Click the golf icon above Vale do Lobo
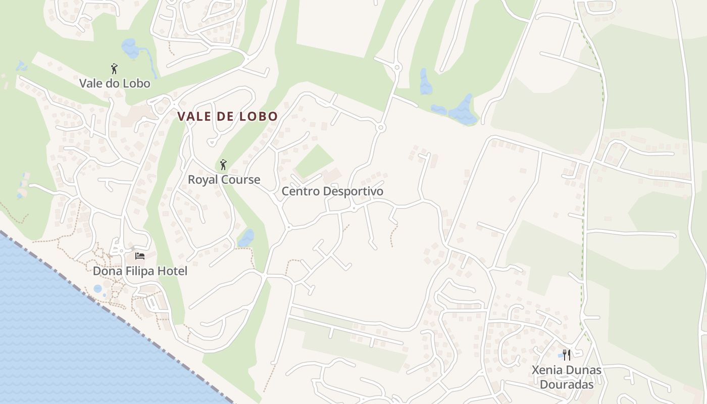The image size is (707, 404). (114, 69)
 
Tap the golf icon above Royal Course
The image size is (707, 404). (223, 165)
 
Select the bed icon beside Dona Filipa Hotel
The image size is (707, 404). (140, 256)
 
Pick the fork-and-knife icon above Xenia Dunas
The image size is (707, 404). (567, 355)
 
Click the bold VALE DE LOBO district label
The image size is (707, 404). (227, 116)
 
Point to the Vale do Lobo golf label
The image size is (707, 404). (115, 83)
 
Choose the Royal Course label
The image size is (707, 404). (224, 179)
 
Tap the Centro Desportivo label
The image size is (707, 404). (332, 191)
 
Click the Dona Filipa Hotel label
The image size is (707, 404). (140, 271)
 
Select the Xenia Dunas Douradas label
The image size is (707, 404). (567, 377)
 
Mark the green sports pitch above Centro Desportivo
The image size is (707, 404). (314, 161)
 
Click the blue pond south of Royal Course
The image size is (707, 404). (246, 238)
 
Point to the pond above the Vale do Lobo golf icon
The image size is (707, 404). (130, 48)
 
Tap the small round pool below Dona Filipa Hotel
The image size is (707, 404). (97, 289)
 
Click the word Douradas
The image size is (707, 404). (567, 384)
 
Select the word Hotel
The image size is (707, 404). (172, 271)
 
